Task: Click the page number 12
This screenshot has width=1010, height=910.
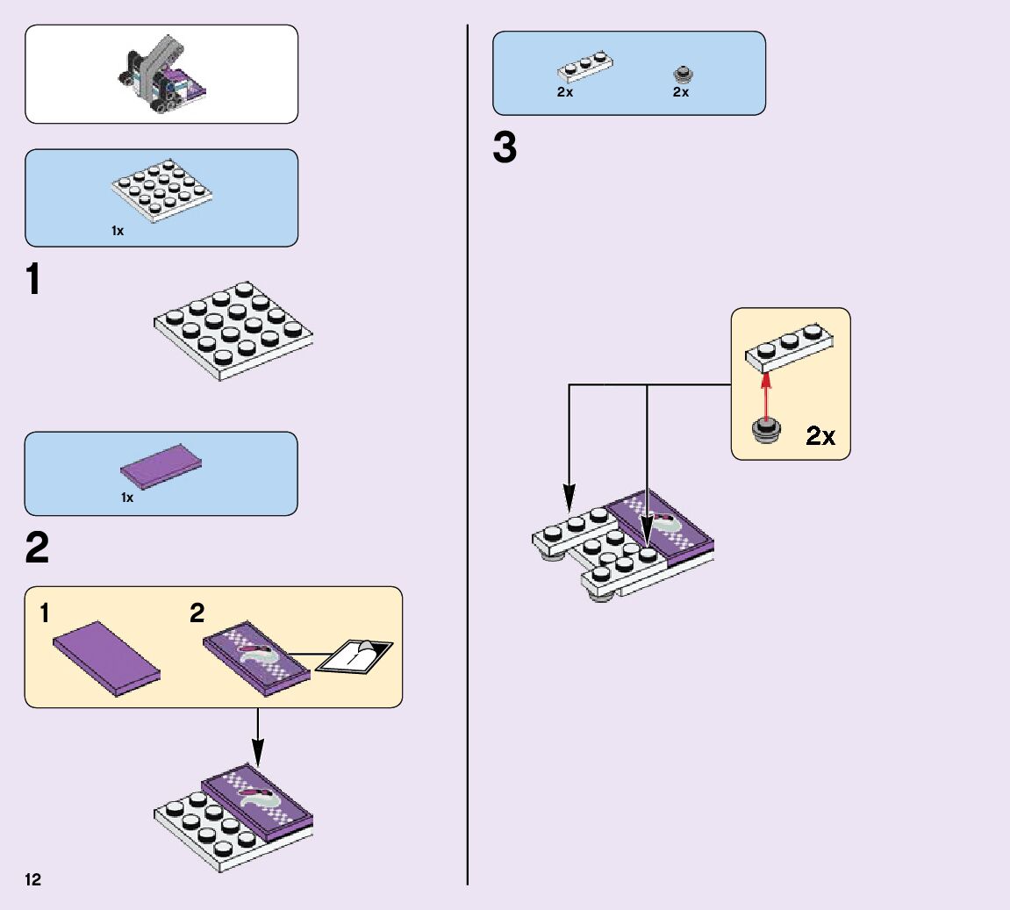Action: pyautogui.click(x=32, y=880)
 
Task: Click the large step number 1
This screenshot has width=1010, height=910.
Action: pyautogui.click(x=33, y=281)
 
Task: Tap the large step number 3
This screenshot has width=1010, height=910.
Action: pyautogui.click(x=505, y=149)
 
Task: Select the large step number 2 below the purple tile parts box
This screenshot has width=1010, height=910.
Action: pyautogui.click(x=37, y=548)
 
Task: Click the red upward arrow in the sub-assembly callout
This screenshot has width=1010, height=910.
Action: pyautogui.click(x=766, y=395)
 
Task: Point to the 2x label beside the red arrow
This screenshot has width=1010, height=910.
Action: pyautogui.click(x=820, y=436)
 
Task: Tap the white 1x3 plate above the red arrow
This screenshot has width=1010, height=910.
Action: pyautogui.click(x=789, y=345)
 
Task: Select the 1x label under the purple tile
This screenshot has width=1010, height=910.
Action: pyautogui.click(x=127, y=498)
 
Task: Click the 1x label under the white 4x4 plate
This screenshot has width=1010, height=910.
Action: pyautogui.click(x=118, y=231)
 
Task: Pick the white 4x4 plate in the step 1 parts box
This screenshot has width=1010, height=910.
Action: pyautogui.click(x=163, y=189)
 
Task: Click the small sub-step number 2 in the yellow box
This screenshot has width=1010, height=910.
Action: pyautogui.click(x=197, y=613)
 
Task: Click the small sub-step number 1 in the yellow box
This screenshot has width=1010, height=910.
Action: pyautogui.click(x=44, y=614)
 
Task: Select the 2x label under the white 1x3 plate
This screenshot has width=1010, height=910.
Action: pyautogui.click(x=565, y=92)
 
